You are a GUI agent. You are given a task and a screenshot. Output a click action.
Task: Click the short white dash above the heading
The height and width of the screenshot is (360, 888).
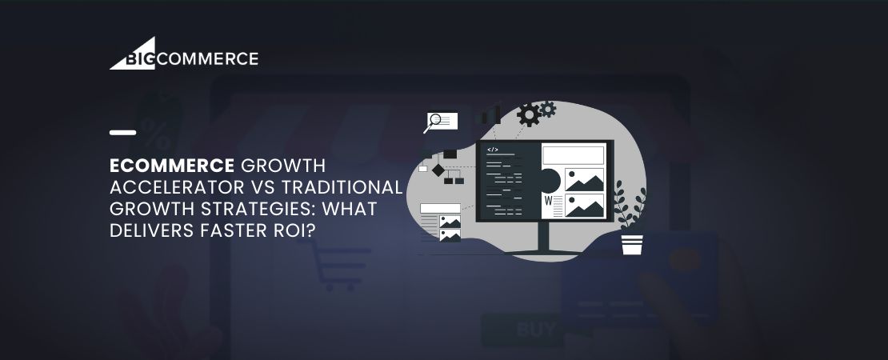point(122,132)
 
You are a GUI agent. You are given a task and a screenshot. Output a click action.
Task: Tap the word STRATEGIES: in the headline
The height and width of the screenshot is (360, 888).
point(251,208)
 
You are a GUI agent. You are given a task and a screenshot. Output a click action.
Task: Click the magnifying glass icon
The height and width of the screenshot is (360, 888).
point(435,122)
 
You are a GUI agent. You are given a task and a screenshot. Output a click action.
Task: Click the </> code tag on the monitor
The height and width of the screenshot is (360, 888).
point(493,150)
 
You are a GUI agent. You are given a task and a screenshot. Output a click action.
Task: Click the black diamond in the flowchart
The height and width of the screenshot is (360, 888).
point(438,170)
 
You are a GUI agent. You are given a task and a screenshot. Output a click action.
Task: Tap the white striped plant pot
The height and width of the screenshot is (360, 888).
point(632,244)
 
